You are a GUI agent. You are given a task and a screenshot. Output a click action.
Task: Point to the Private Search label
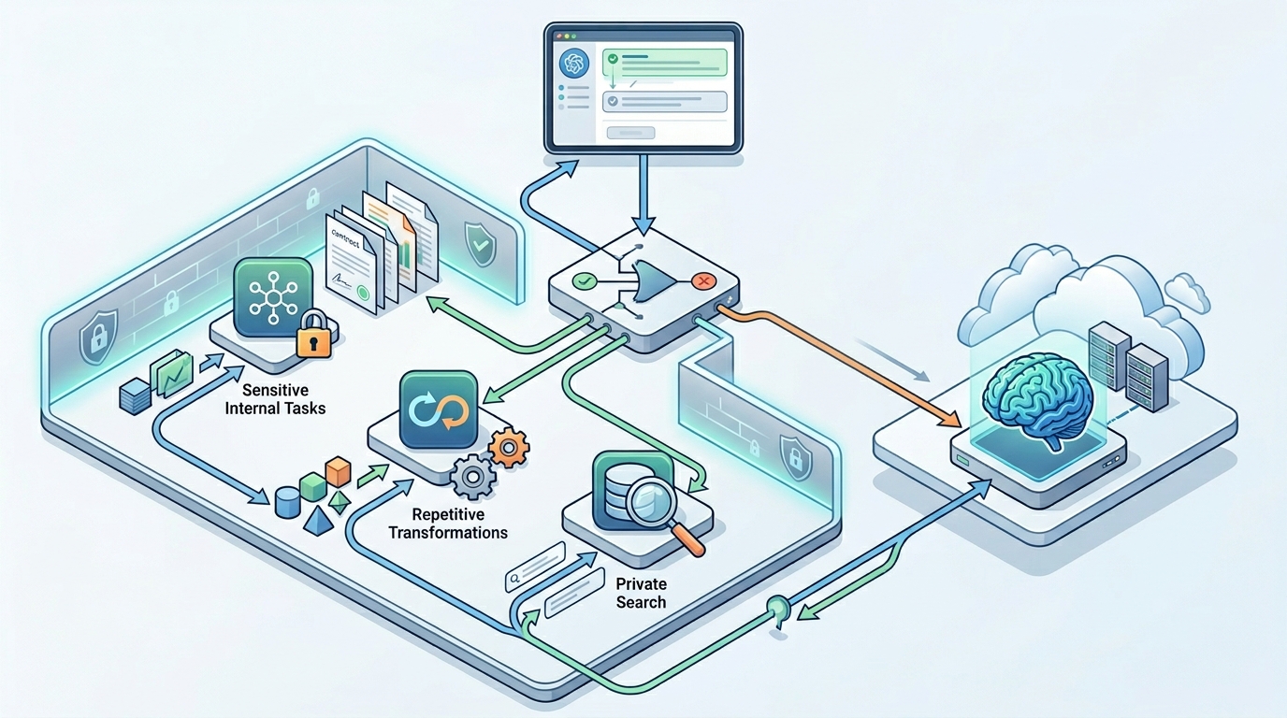point(641,593)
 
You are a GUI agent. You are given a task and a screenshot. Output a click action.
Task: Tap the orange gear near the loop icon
point(509,448)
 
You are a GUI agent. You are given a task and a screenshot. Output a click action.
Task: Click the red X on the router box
point(701,280)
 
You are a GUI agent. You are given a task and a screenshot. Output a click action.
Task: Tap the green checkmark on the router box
point(584,280)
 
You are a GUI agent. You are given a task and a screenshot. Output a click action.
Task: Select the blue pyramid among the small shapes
point(319,520)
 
